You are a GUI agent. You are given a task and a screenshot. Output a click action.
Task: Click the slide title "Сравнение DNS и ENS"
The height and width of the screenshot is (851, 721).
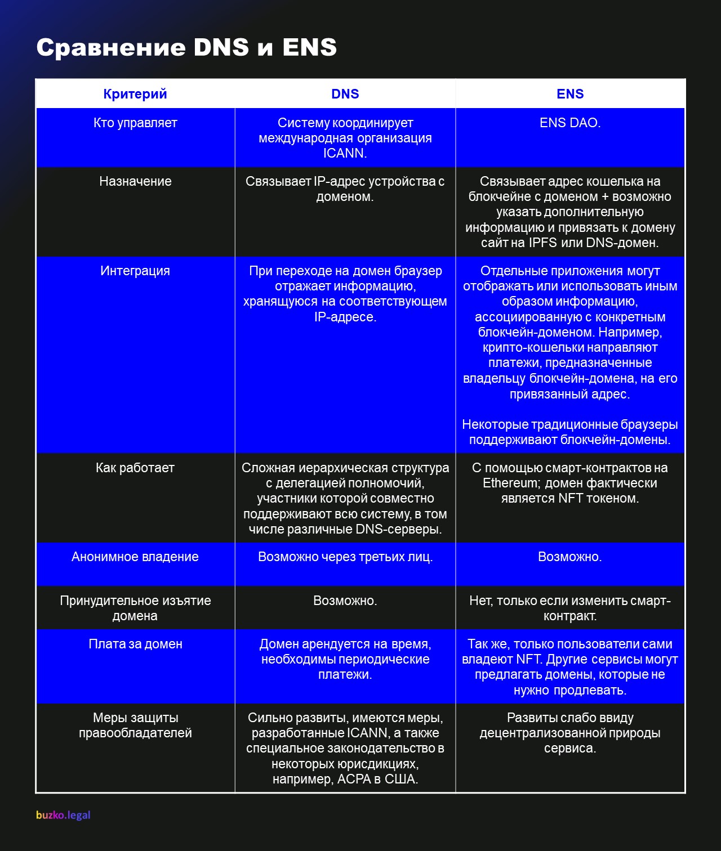coord(186,48)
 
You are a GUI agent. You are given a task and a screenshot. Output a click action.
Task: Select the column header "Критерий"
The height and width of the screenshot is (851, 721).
coord(135,94)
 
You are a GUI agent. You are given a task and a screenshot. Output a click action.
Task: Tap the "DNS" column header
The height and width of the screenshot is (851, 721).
coord(345,94)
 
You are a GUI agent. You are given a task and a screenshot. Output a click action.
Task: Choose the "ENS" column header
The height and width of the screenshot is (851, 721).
coord(570,94)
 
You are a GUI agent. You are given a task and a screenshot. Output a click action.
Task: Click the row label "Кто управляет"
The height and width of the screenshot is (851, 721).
coord(135,123)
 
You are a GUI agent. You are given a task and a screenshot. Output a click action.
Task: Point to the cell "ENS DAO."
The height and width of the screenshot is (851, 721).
coord(570,123)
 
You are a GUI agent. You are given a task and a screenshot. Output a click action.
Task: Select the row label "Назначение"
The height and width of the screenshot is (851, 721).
coord(135,181)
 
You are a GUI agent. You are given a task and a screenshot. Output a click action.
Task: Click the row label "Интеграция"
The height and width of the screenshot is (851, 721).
coord(135,271)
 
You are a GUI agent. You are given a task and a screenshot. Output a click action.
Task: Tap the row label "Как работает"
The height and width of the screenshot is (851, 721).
coord(135,468)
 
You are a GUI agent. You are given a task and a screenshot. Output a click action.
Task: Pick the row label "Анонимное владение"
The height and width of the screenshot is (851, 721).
coord(135,557)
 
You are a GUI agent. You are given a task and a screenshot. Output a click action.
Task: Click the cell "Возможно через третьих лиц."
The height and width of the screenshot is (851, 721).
coord(345,557)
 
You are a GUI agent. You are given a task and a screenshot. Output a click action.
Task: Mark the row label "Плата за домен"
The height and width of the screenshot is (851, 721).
coord(135,644)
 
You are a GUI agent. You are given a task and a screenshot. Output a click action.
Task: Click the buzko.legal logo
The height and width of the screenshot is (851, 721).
coord(63,815)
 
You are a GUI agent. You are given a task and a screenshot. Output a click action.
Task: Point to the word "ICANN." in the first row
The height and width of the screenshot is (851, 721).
coord(345,153)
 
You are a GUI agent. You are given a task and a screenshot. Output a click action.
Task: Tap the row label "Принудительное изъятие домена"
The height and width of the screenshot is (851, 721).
coord(135,608)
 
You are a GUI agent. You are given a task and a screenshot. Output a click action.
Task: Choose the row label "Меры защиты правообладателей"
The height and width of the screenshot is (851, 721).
coord(135,725)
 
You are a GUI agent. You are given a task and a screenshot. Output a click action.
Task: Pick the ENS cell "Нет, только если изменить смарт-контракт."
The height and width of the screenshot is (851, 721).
coord(570,608)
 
